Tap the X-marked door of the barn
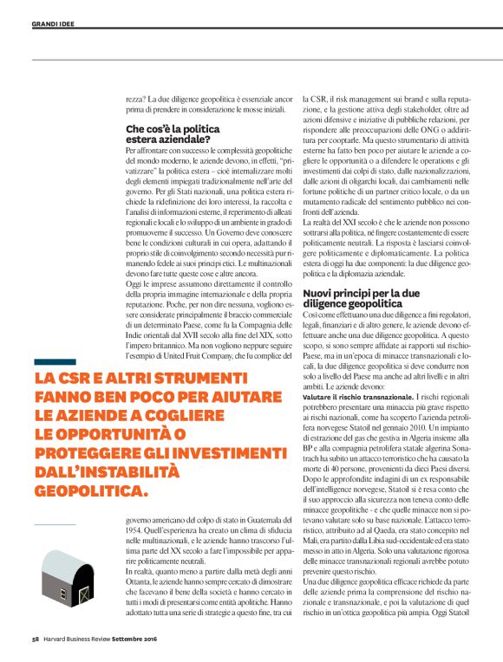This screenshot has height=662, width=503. coord(83,597)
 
